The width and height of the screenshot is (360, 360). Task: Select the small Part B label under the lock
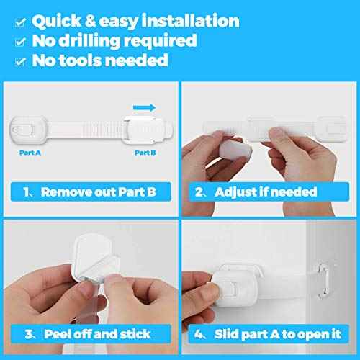point(147,153)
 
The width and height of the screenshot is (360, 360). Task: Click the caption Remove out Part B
point(97,192)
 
